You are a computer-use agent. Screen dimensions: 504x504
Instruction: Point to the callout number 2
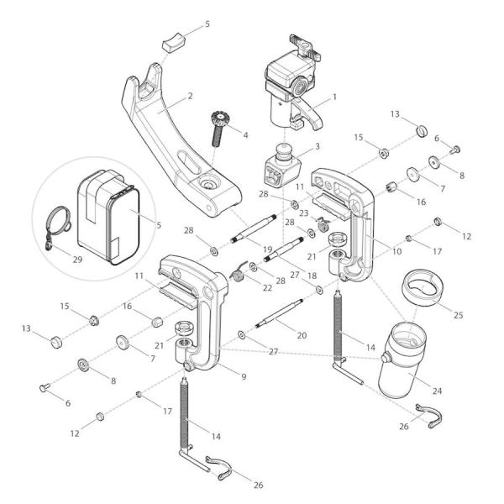point(191,96)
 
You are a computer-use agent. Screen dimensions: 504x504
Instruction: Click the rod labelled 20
point(282,317)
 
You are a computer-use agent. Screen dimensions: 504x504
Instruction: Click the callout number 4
point(245,134)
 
